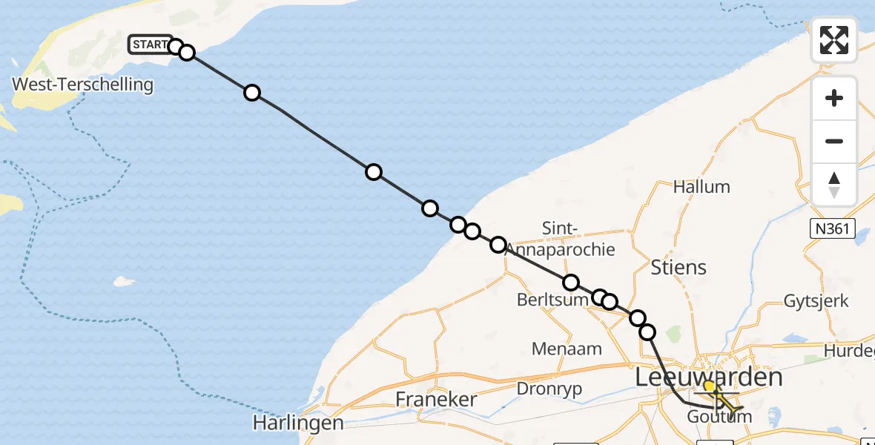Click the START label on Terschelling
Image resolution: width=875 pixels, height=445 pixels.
click(150, 45)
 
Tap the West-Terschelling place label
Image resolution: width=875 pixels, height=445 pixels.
click(82, 85)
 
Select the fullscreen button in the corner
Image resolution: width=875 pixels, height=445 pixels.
click(833, 40)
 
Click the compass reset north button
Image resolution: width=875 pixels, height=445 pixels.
click(833, 185)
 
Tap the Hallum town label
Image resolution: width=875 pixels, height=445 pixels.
click(701, 187)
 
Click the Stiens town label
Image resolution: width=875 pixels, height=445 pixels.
click(678, 267)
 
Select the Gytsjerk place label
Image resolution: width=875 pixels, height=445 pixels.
click(816, 301)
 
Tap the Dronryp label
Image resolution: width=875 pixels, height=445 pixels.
click(549, 389)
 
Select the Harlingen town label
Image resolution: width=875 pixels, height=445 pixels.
click(298, 423)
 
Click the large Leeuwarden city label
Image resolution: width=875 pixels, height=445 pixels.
click(708, 377)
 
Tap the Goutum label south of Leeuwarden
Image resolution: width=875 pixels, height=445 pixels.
click(719, 417)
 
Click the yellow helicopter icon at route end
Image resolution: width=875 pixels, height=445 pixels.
click(728, 404)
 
